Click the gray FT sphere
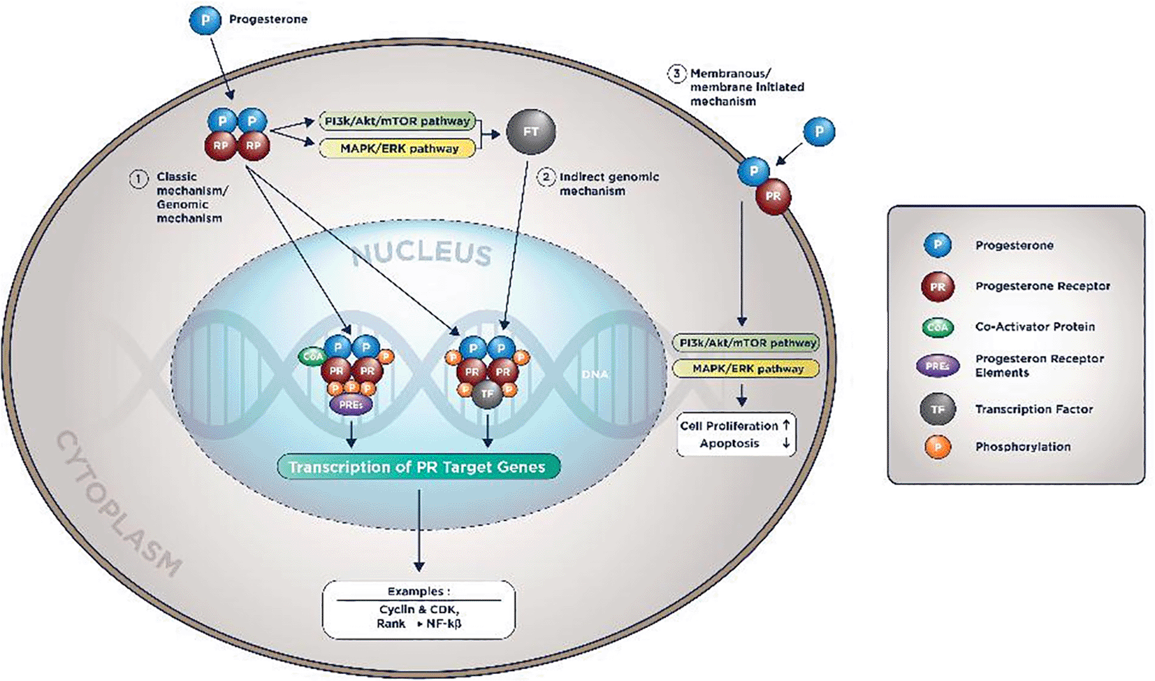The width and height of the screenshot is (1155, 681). point(530,131)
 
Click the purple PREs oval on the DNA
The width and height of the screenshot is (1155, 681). point(351,405)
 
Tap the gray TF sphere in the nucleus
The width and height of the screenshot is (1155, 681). point(487,394)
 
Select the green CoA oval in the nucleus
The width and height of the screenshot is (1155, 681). point(312,357)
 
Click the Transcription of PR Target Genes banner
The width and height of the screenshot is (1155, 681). point(418,467)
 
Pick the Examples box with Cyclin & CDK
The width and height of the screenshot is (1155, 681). point(419,609)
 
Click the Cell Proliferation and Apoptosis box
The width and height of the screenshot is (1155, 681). point(736,434)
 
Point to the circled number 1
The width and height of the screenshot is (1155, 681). point(138,179)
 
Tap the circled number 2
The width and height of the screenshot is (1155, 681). point(546,177)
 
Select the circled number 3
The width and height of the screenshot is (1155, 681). point(676,73)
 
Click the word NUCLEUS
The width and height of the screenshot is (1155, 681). point(421,253)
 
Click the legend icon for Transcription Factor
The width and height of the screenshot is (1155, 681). point(937,410)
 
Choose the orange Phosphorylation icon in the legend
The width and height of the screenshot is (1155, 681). point(937,447)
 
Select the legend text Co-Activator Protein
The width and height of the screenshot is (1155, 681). point(1035,327)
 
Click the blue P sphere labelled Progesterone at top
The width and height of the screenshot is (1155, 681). point(205,20)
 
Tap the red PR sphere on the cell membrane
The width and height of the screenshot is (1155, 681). point(773,196)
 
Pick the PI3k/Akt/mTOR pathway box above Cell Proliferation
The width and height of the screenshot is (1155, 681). point(746,343)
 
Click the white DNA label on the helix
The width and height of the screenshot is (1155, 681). point(595,375)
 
